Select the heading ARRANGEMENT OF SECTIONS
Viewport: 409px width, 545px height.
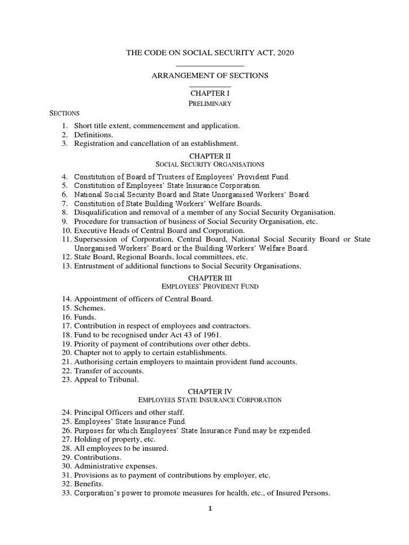[x=210, y=76]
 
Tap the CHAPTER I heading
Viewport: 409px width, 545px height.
[x=210, y=93]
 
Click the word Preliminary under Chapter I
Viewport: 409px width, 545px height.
[x=210, y=103]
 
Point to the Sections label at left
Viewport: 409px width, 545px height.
[x=64, y=113]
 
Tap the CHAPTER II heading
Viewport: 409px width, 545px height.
[x=210, y=156]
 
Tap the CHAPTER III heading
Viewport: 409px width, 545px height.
[x=210, y=278]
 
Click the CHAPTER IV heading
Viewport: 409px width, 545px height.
[x=210, y=391]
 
